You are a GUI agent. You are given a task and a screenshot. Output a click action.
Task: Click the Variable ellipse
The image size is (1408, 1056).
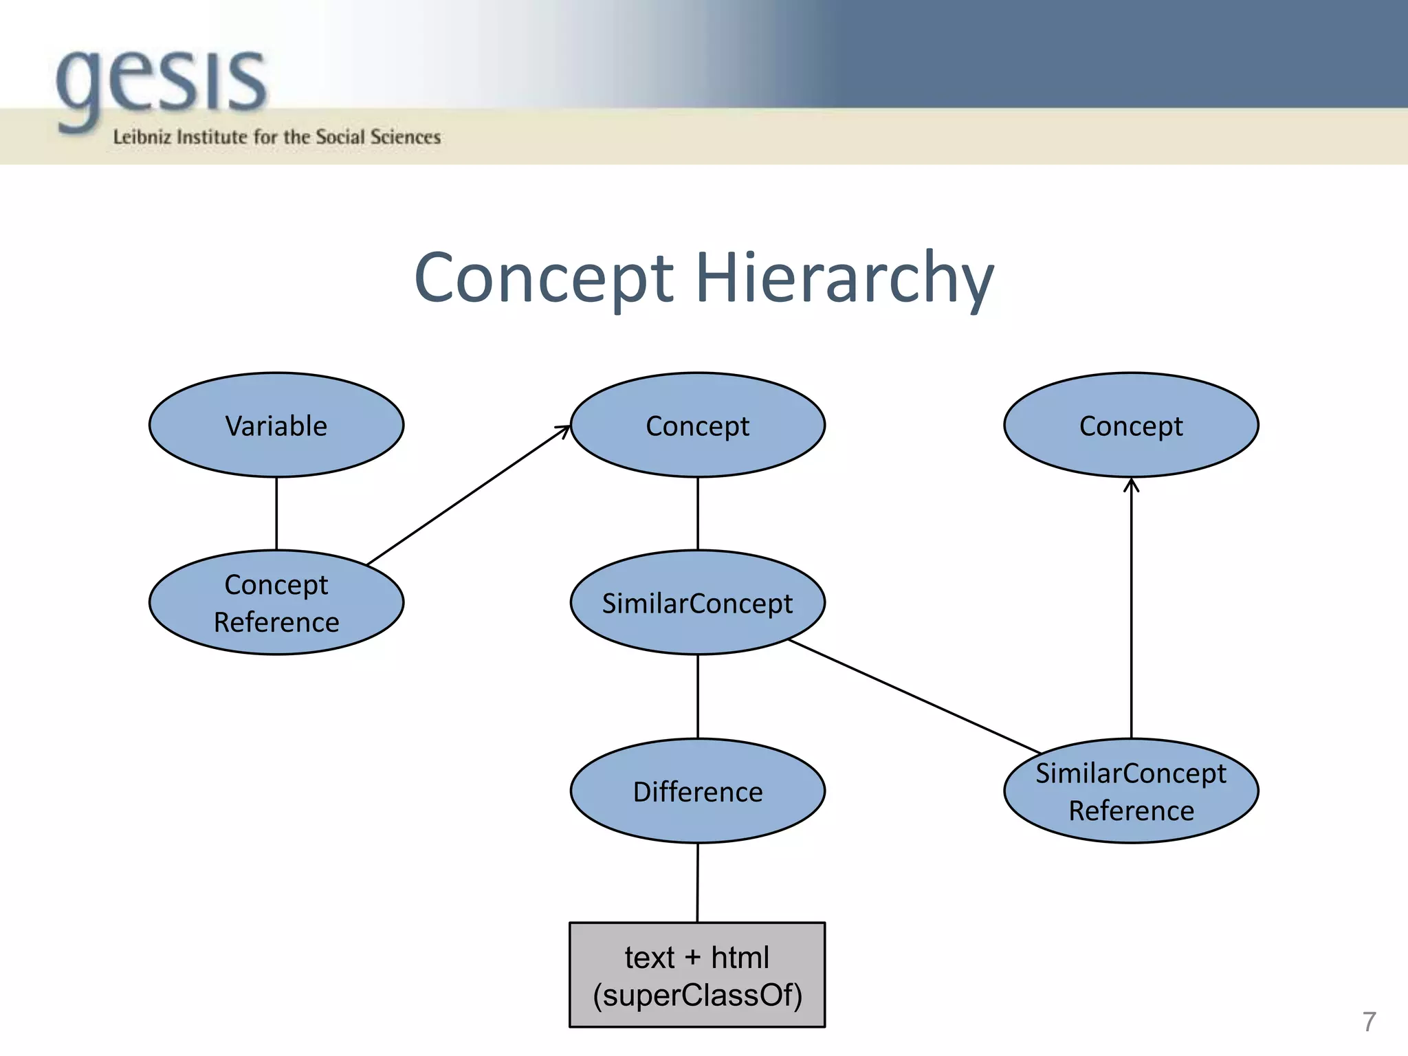tap(276, 426)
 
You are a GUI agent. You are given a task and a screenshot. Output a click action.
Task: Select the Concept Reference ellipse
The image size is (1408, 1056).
tap(276, 603)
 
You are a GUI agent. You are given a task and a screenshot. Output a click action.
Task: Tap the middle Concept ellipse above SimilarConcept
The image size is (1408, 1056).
tap(697, 426)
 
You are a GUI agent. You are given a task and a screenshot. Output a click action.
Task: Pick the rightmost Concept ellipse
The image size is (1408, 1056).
tap(1131, 426)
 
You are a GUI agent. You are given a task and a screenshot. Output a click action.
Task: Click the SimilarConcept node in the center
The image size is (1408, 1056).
tap(697, 603)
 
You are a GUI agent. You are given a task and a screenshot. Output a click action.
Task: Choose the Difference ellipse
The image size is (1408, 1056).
tap(697, 791)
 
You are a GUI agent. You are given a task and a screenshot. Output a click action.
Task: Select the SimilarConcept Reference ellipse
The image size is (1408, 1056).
tap(1131, 791)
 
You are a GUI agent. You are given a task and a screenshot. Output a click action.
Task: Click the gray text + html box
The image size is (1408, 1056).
tap(697, 975)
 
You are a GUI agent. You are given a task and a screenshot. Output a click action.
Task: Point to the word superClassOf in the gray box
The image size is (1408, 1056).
tap(697, 995)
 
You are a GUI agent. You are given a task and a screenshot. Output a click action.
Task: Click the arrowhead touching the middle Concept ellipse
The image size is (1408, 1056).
tap(564, 430)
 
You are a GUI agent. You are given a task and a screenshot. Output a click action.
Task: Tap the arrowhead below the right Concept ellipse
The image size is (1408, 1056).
tap(1131, 485)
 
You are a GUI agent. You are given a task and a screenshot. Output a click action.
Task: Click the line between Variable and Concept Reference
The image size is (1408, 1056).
tap(276, 514)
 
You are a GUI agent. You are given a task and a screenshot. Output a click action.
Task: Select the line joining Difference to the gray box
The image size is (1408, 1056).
tap(697, 883)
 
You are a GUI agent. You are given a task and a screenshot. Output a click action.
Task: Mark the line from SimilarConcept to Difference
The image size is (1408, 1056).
tap(697, 696)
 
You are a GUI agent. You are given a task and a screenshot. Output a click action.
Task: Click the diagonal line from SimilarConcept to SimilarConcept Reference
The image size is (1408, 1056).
tap(914, 696)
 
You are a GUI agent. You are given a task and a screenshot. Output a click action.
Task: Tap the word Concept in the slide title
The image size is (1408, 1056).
tap(543, 278)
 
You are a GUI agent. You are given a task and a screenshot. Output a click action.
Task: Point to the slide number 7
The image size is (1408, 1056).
tap(1369, 1022)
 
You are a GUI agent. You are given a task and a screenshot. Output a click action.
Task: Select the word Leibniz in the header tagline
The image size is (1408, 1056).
tap(142, 137)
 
